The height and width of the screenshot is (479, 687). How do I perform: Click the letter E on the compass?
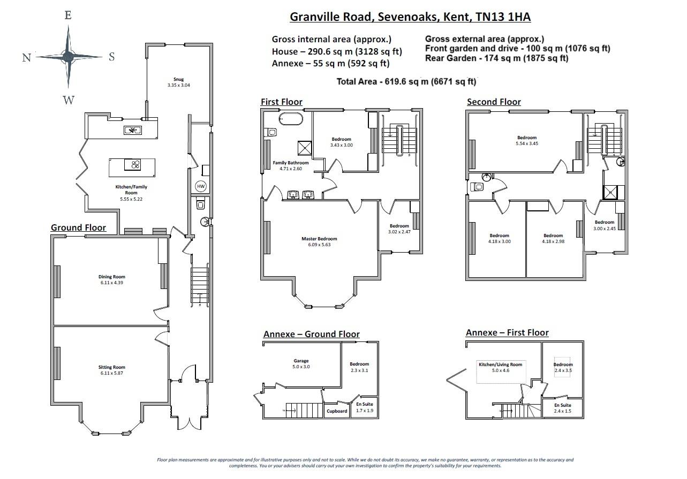(68, 15)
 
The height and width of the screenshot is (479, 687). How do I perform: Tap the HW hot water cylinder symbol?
(201, 186)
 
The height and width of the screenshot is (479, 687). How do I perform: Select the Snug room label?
(178, 79)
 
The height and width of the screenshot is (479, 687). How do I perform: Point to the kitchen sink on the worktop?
(132, 130)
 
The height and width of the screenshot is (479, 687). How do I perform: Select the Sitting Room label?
(111, 367)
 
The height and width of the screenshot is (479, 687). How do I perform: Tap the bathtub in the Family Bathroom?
(290, 118)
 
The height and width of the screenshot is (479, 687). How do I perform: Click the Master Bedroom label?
(319, 239)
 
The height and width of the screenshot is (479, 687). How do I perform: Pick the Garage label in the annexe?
(301, 361)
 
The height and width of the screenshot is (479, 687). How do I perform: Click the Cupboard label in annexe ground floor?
(337, 411)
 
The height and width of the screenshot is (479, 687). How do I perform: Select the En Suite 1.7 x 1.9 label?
(364, 408)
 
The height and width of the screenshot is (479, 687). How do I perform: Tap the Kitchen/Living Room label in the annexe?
(500, 364)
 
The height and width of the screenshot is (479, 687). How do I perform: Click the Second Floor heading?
(494, 102)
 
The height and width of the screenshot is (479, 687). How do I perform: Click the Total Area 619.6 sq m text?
(406, 81)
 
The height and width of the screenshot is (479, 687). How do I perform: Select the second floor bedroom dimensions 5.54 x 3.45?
(526, 143)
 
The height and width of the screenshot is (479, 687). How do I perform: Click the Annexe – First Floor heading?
(507, 332)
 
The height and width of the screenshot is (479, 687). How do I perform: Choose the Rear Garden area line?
(496, 58)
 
